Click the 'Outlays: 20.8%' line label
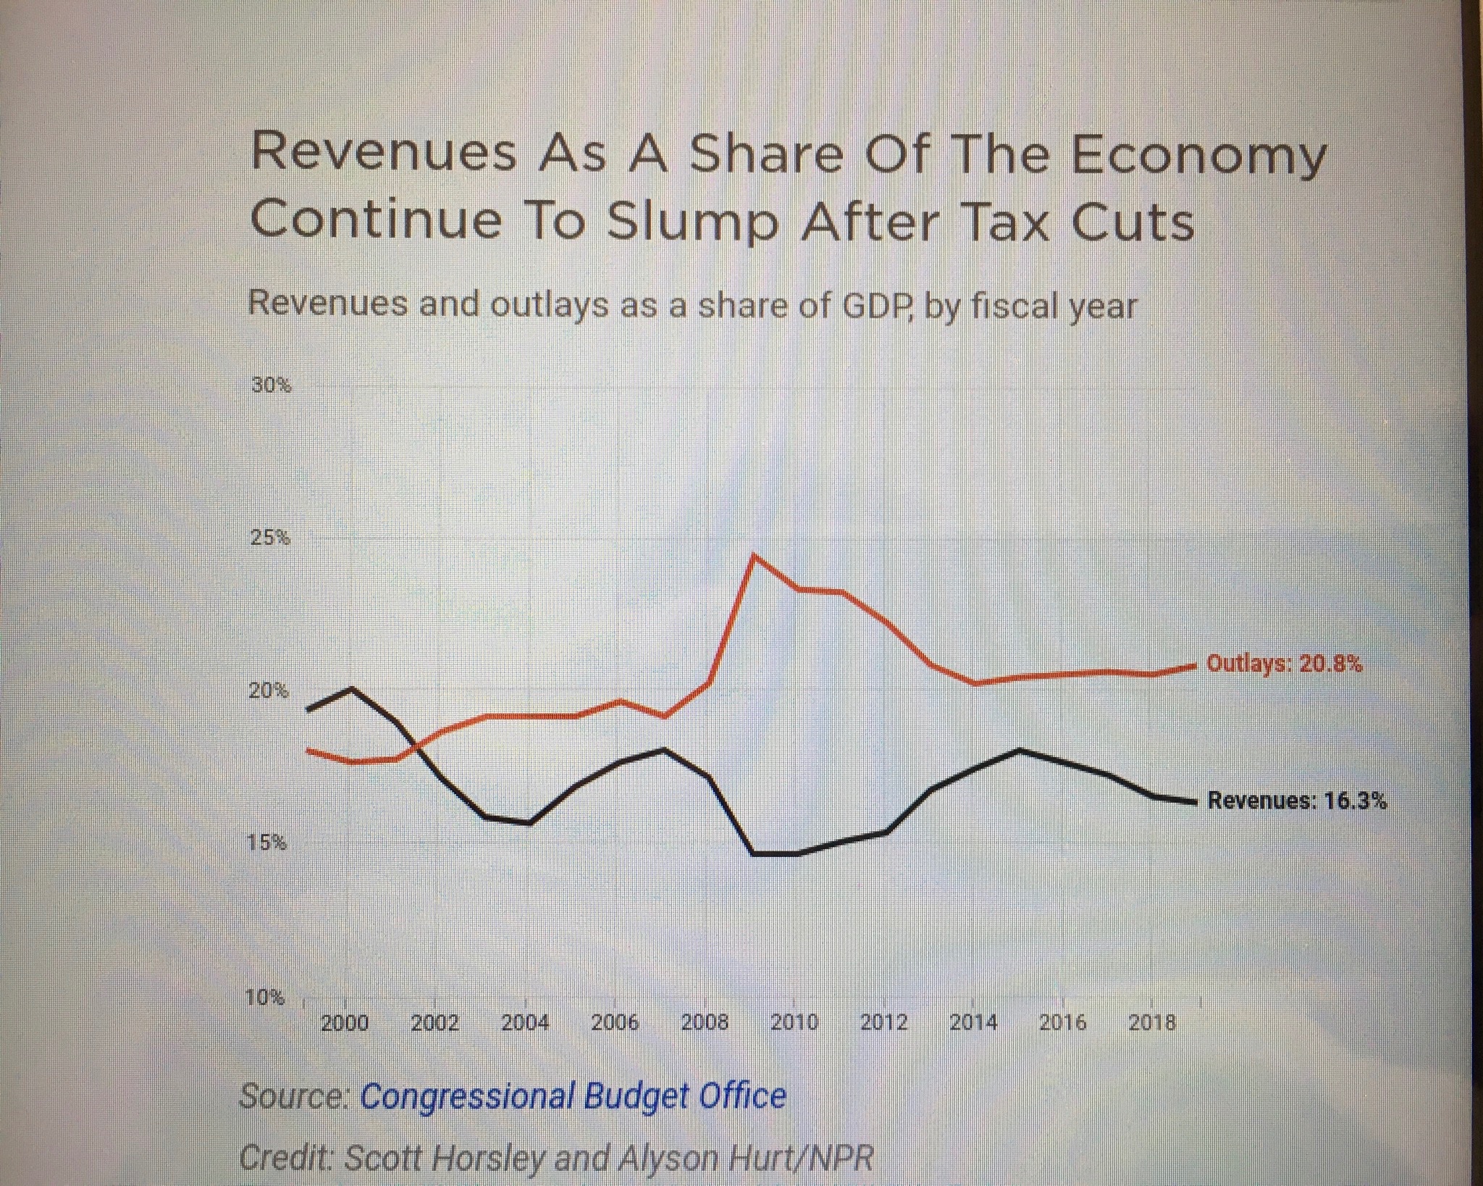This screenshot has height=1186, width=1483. click(x=1284, y=664)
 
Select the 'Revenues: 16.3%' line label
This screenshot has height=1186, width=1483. click(x=1298, y=801)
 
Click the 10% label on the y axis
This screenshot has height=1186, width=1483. click(x=266, y=998)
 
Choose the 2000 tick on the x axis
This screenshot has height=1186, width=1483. click(x=345, y=1022)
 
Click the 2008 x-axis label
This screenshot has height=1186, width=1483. click(x=705, y=1022)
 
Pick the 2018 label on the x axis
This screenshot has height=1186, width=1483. click(x=1152, y=1022)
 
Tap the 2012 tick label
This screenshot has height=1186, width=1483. click(x=883, y=1022)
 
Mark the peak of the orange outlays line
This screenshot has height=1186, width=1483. click(x=754, y=556)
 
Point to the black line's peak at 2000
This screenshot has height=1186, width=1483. click(x=353, y=688)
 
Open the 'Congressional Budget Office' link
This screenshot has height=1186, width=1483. click(x=573, y=1096)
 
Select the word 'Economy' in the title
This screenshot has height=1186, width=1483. click(x=1198, y=156)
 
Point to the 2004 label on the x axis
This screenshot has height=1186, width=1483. click(x=525, y=1022)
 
